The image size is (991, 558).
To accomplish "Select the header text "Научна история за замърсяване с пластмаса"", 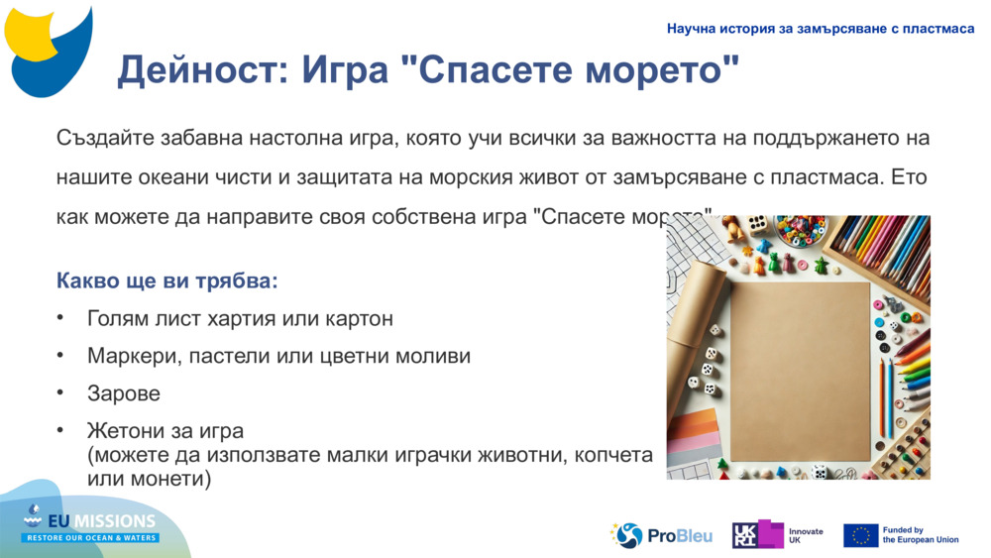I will (821, 29).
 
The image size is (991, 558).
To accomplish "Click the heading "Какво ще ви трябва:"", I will (167, 280).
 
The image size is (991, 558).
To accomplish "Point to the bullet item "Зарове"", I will (124, 393).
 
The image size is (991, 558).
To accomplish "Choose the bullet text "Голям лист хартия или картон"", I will (240, 318).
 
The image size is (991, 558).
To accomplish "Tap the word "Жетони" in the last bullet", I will (126, 431).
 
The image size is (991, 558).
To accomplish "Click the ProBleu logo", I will (661, 535).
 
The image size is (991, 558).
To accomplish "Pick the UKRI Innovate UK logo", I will (778, 535).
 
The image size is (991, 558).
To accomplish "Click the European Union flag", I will (860, 535).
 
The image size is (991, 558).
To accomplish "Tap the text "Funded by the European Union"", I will (920, 535).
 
